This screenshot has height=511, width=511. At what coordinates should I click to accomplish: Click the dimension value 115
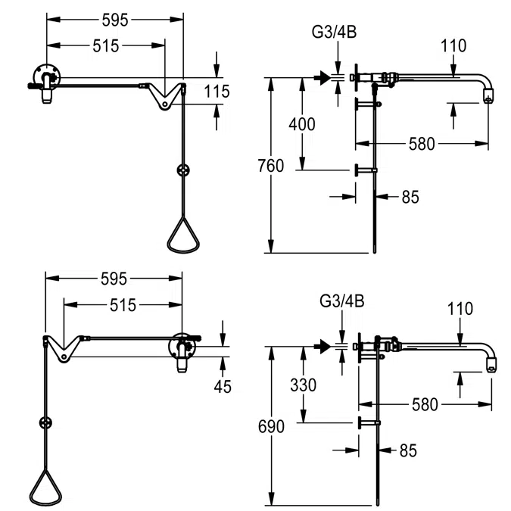point(217,92)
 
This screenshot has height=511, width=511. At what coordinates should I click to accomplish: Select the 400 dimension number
point(302,124)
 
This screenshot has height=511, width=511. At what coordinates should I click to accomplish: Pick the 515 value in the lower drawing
point(123,305)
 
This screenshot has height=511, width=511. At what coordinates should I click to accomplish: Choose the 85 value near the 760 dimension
point(410,197)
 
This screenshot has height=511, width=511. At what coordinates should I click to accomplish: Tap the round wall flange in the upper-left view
point(47,78)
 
